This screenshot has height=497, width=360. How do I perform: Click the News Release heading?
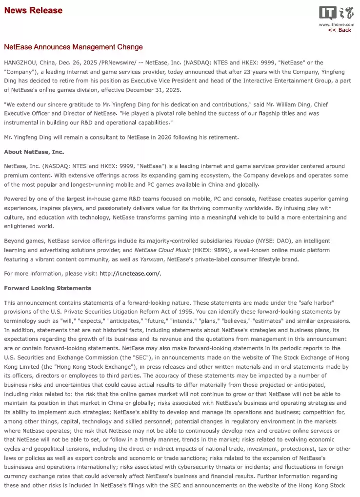pos(33,10)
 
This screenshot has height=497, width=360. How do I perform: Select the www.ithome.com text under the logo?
pos(336,24)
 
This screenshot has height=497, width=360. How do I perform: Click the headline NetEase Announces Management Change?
pos(73,47)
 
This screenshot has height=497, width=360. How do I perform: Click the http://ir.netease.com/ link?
pos(130,273)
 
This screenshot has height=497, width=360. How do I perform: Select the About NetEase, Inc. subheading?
pos(34,152)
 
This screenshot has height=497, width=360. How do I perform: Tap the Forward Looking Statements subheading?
pos(47,288)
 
